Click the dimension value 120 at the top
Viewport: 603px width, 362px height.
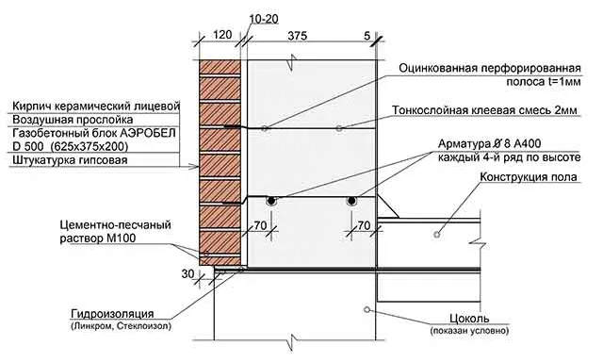[x=222, y=34]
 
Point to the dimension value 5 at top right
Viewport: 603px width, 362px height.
[x=366, y=34]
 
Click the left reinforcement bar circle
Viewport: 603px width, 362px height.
[x=270, y=201]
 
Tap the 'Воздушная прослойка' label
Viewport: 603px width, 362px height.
[x=59, y=121]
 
